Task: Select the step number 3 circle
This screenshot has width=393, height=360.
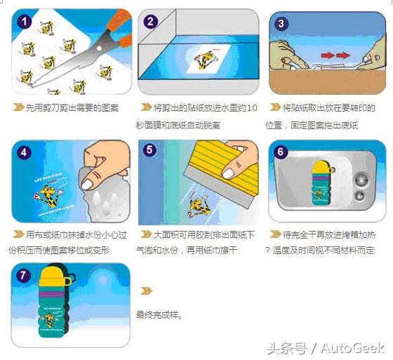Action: [x=281, y=23]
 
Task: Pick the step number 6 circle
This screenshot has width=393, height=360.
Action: [x=281, y=152]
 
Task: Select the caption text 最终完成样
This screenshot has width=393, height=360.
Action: [x=159, y=315]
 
